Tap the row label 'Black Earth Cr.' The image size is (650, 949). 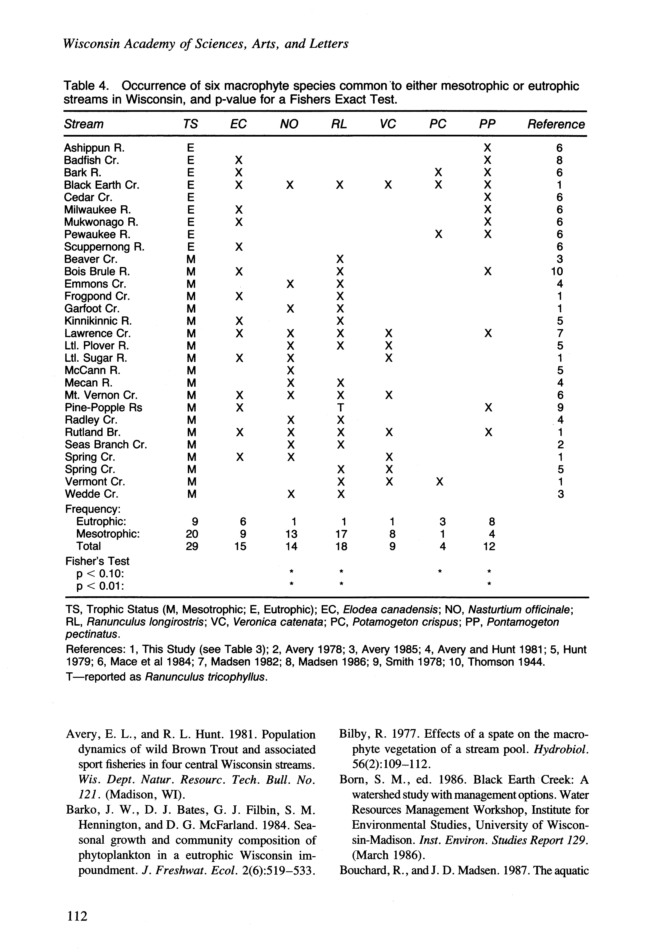102,185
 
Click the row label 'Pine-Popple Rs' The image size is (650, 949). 103,407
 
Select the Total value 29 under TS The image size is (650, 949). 192,546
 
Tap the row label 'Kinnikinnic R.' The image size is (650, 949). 98,321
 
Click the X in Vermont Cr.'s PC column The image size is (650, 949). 439,482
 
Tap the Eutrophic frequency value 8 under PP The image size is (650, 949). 492,522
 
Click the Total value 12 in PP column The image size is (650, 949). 489,546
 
